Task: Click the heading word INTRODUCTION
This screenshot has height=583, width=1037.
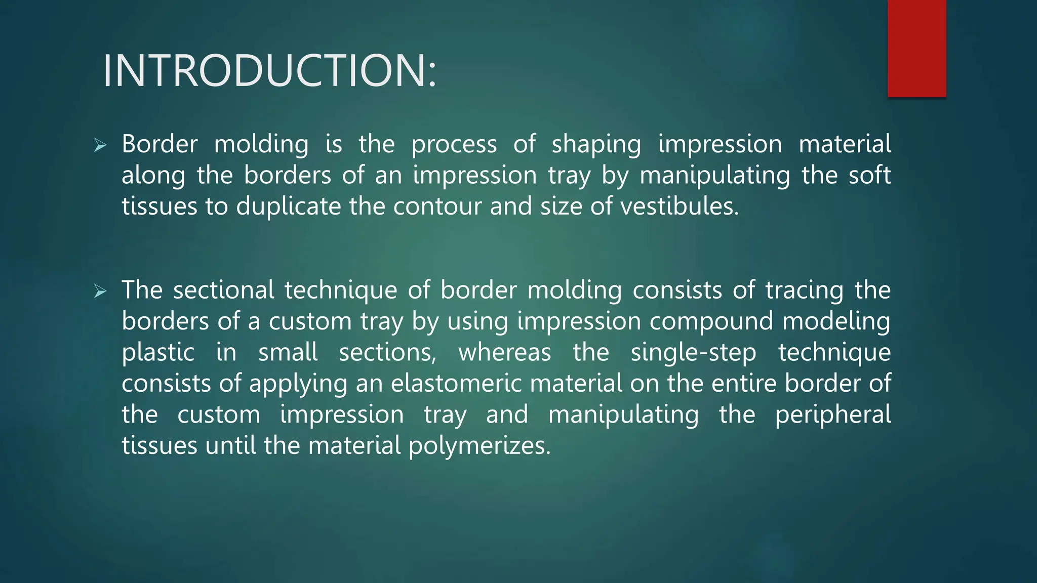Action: (x=268, y=71)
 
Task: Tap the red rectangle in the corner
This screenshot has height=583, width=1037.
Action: (x=916, y=48)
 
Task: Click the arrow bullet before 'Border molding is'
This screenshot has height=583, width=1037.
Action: (x=100, y=146)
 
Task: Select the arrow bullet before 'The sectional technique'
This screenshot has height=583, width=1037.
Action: (x=100, y=291)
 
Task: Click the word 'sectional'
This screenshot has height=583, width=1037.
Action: (x=223, y=290)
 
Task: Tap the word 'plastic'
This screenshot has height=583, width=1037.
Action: (x=158, y=353)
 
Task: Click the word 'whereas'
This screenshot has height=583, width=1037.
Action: (x=504, y=353)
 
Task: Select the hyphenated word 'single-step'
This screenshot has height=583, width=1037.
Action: (x=693, y=353)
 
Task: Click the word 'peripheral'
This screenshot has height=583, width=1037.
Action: (x=832, y=415)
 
